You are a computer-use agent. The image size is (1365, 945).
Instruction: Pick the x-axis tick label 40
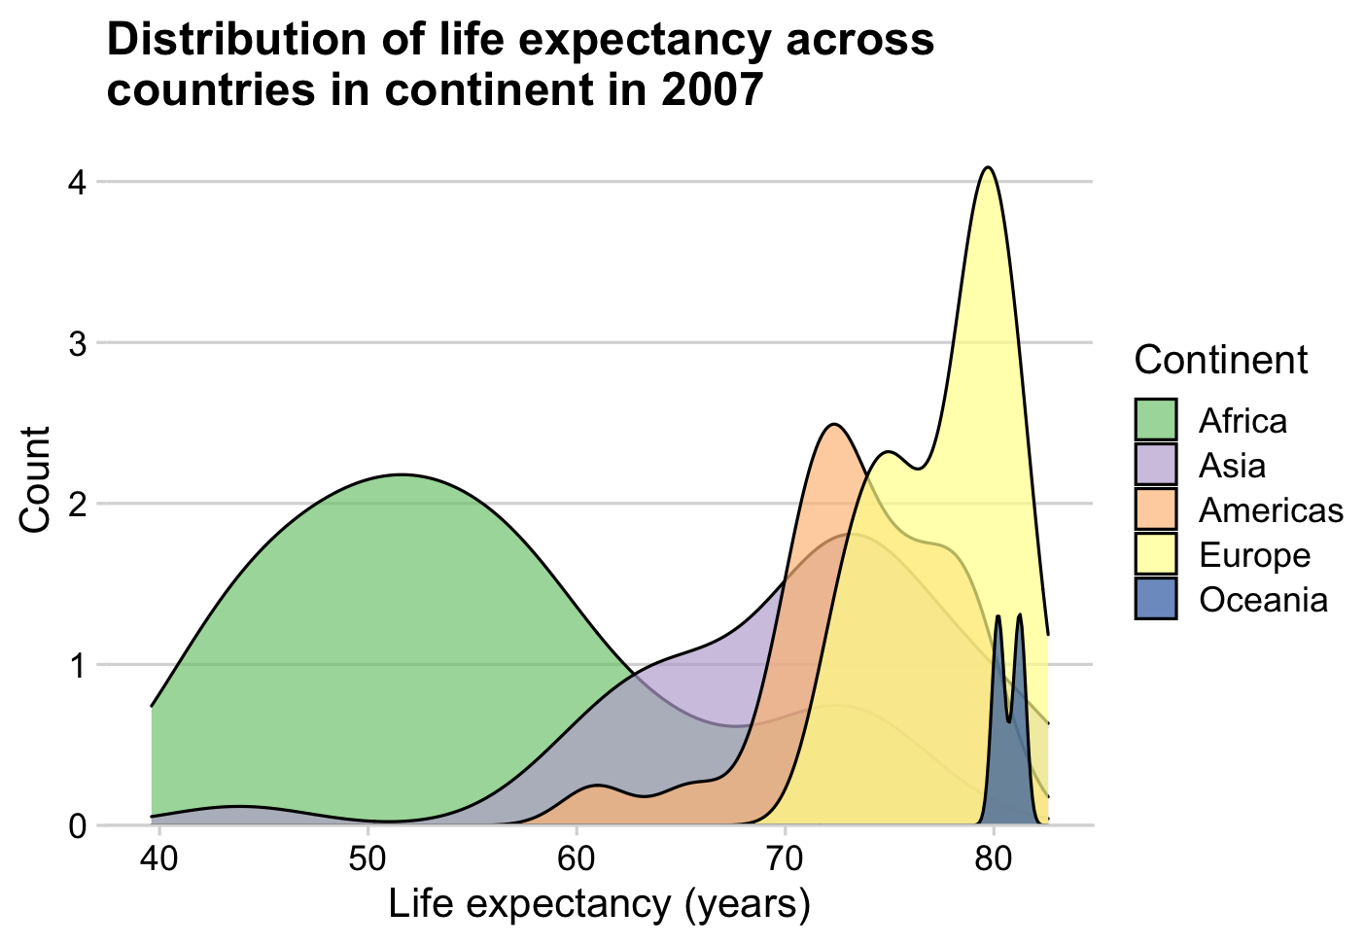click(158, 861)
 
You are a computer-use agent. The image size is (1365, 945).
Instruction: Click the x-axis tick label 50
click(367, 861)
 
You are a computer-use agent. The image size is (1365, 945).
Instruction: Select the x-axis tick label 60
click(577, 861)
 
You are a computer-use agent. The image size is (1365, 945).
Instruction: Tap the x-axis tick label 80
click(993, 861)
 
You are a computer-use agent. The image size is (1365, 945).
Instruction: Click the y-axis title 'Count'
click(36, 479)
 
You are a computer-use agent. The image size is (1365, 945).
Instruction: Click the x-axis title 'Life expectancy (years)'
click(599, 905)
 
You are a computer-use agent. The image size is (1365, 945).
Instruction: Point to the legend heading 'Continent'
click(1221, 360)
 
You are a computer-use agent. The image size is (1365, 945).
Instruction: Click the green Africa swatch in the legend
click(1156, 420)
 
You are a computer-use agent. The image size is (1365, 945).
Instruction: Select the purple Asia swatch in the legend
click(1156, 465)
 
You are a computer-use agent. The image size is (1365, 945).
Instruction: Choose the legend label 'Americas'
click(1271, 510)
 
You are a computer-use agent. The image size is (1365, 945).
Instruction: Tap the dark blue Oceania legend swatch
click(1156, 599)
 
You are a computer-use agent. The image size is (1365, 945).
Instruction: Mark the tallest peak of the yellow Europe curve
click(989, 168)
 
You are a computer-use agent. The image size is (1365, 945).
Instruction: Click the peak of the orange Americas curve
click(833, 425)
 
